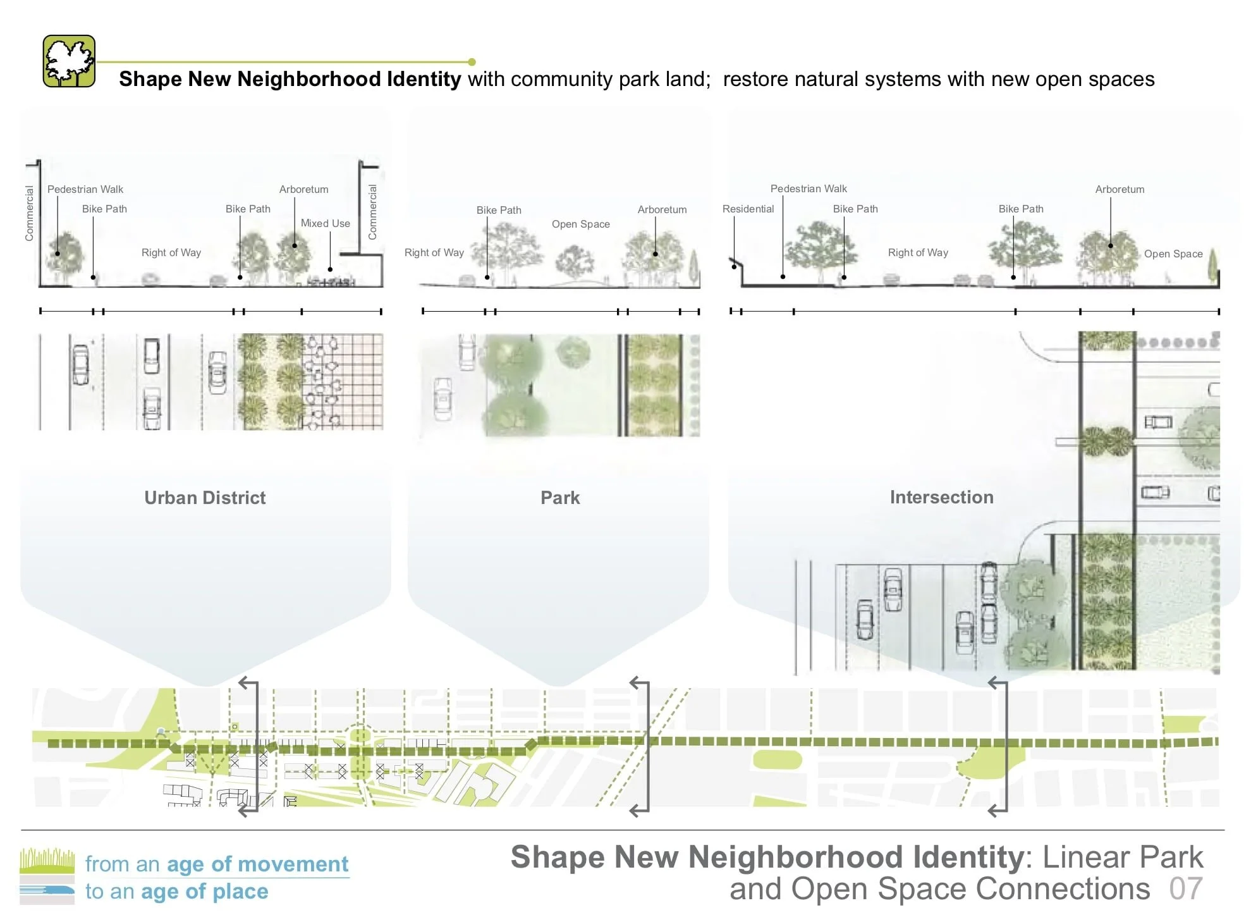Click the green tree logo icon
[x=69, y=61]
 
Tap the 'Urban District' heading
[x=205, y=498]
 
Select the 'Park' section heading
[x=560, y=498]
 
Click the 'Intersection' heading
[x=941, y=497]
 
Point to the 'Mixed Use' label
[x=325, y=223]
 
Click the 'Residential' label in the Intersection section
[x=748, y=209]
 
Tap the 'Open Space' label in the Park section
[x=580, y=224]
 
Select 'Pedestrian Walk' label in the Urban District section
[x=85, y=189]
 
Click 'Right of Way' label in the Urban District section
[x=171, y=252]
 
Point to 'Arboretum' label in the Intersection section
[x=1120, y=189]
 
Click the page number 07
[x=1185, y=888]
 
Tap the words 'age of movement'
[x=257, y=864]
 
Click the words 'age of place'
[x=205, y=891]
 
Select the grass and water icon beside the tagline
[x=47, y=876]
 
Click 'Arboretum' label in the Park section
[x=662, y=209]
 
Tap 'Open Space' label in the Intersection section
[x=1173, y=254]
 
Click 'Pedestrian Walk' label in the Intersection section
[x=809, y=188]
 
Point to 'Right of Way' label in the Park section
[x=434, y=252]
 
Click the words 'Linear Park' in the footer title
[x=1123, y=857]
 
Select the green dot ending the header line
[x=472, y=62]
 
